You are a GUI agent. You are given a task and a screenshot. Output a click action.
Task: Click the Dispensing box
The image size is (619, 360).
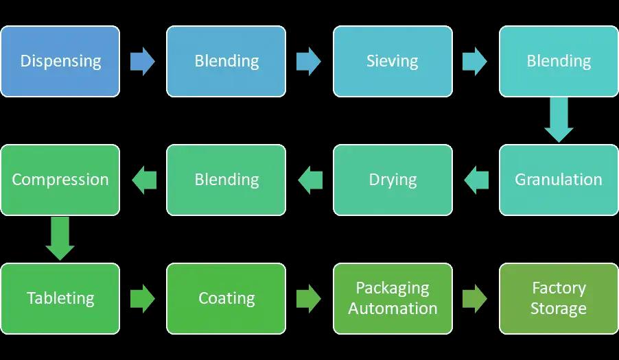click(x=60, y=61)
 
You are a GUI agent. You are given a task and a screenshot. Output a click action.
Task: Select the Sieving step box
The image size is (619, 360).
click(x=393, y=61)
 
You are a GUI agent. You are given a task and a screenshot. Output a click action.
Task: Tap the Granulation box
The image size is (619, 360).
click(x=559, y=180)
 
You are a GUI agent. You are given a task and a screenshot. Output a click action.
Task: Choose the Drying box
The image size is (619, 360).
click(x=393, y=180)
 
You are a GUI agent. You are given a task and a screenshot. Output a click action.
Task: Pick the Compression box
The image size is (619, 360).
click(x=60, y=180)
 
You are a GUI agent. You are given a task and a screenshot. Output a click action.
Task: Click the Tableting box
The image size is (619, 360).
click(x=60, y=298)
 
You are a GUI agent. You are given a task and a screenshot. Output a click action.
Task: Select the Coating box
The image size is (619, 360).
click(x=226, y=298)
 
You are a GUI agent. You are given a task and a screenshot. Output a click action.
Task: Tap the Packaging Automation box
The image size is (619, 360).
click(x=393, y=298)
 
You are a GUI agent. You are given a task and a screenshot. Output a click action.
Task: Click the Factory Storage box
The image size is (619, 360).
click(x=559, y=298)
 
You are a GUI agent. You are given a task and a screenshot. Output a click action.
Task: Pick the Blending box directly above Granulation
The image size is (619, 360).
click(x=559, y=61)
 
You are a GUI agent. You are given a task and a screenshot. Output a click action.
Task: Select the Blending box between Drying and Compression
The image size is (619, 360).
click(x=226, y=180)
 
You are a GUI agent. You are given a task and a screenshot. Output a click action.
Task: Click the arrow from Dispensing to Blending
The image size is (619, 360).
click(x=143, y=61)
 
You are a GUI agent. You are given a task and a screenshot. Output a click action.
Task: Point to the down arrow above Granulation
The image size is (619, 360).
click(x=559, y=120)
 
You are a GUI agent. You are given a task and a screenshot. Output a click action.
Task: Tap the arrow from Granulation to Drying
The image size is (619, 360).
click(x=476, y=180)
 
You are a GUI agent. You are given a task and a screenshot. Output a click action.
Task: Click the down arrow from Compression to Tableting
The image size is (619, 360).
click(x=60, y=239)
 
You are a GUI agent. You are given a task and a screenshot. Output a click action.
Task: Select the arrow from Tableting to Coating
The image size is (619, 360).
click(x=143, y=298)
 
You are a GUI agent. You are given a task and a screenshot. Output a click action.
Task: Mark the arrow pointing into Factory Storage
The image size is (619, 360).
click(x=475, y=298)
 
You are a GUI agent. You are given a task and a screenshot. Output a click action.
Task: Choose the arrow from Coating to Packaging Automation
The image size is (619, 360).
click(x=309, y=298)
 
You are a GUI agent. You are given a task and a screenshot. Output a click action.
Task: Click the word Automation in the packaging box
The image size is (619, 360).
click(x=393, y=309)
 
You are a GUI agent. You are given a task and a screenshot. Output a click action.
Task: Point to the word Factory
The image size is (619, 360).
click(x=559, y=288)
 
